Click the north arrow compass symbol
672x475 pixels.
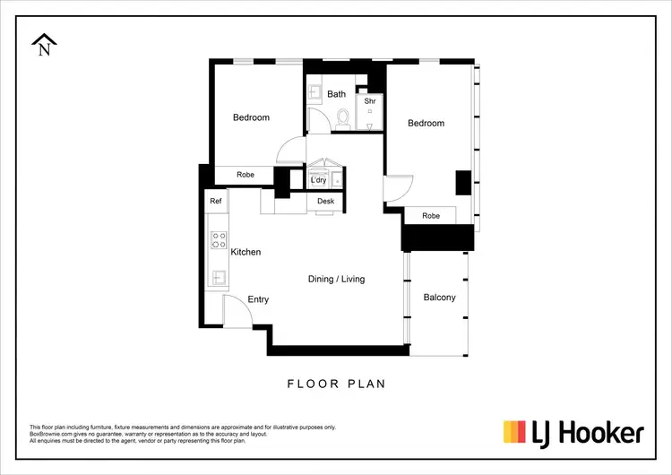click(x=44, y=44)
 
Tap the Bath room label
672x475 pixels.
click(x=336, y=94)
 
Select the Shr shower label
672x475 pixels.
click(x=369, y=102)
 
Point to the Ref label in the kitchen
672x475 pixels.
click(x=216, y=202)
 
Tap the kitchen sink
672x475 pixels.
click(x=218, y=275)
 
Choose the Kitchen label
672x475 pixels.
click(x=246, y=252)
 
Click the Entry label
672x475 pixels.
click(x=258, y=299)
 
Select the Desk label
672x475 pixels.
click(x=325, y=202)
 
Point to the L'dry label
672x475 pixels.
click(x=318, y=180)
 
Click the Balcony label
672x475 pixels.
click(x=439, y=298)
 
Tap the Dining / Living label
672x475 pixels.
click(x=336, y=279)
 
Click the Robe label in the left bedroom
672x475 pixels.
click(x=247, y=175)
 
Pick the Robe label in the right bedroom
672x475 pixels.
click(x=431, y=216)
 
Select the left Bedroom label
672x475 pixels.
click(x=251, y=117)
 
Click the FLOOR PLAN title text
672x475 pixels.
click(x=336, y=384)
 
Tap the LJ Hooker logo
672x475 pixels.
click(x=573, y=434)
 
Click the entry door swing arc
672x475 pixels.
click(x=235, y=309)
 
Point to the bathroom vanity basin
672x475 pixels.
click(x=315, y=91)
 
